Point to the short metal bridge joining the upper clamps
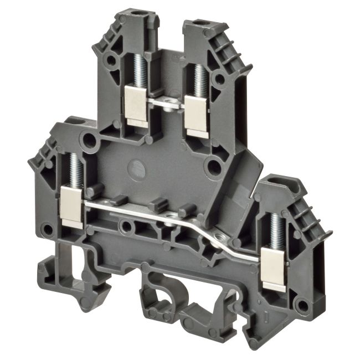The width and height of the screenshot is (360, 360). point(166,102)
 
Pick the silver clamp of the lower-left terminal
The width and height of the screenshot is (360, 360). point(71,206)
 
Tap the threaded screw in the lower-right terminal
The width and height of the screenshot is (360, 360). point(275,228)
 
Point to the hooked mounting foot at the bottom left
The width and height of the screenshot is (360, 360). point(55,274)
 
